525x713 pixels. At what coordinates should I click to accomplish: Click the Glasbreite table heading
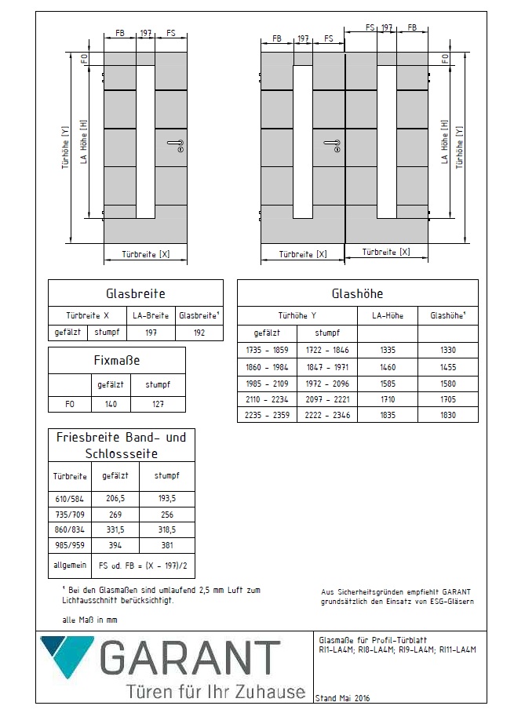tap(135, 293)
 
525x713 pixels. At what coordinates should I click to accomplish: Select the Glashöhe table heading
tap(357, 293)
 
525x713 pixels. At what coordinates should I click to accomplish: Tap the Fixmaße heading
tap(117, 362)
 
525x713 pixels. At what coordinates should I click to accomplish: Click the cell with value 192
tap(198, 332)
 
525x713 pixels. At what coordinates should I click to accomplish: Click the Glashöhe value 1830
tap(447, 414)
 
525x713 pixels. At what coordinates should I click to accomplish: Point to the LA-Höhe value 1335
tap(388, 350)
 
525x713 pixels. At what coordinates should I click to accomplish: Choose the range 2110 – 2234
tap(266, 398)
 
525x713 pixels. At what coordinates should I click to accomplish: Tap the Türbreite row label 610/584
tap(71, 497)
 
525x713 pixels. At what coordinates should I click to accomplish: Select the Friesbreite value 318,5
tap(166, 529)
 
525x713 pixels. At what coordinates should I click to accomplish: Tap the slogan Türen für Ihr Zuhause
tap(215, 692)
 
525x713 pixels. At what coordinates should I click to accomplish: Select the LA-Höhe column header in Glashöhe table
tap(388, 315)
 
